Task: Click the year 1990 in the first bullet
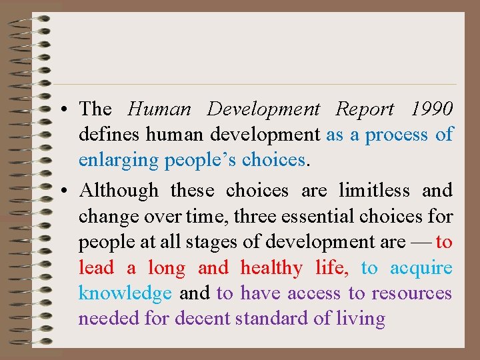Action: [432, 109]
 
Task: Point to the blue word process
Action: [397, 135]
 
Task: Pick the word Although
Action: [119, 191]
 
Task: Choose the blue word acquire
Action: [421, 268]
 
